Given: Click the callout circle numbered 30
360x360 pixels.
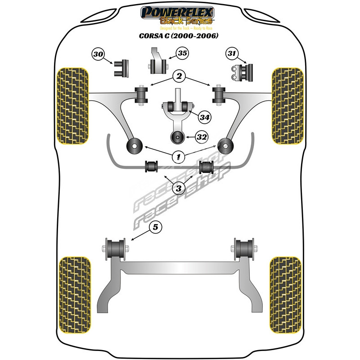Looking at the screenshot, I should [x=98, y=55].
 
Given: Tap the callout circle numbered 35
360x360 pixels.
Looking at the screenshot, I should [x=182, y=54].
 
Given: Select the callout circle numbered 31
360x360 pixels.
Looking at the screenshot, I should [x=232, y=54].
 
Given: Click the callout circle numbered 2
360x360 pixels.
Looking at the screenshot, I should [x=179, y=77].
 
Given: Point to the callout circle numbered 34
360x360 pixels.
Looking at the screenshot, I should [x=205, y=117].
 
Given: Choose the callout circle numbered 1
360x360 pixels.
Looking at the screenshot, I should [x=179, y=156].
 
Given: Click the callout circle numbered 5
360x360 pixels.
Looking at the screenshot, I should [x=155, y=228].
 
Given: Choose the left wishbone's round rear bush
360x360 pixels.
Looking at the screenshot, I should [x=134, y=146].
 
